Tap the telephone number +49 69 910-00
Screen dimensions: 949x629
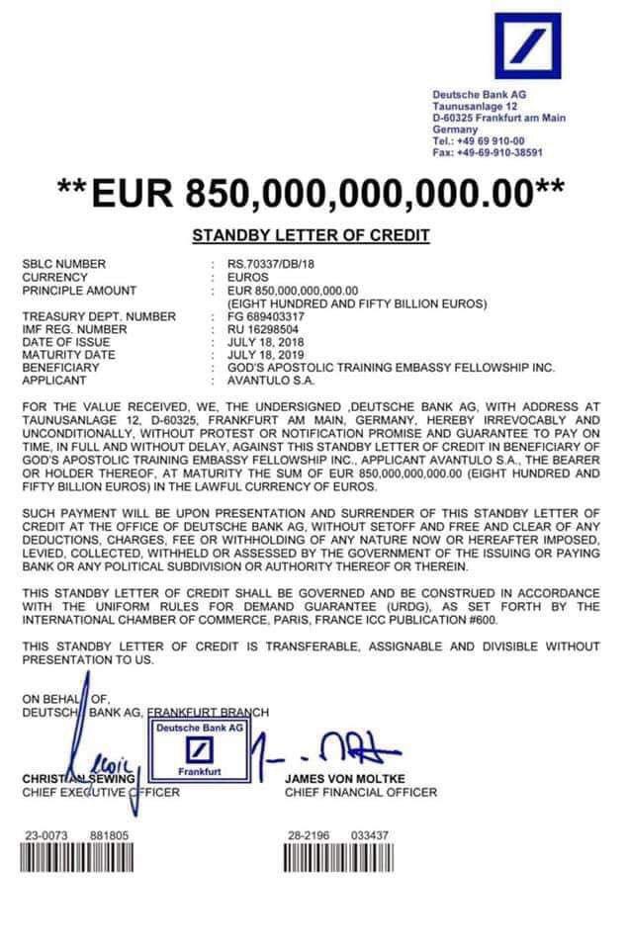(494, 141)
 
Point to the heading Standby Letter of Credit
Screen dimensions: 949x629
(311, 235)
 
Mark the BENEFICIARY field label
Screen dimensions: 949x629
(61, 367)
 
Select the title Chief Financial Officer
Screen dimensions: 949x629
(360, 792)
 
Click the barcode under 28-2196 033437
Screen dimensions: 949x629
(338, 860)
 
